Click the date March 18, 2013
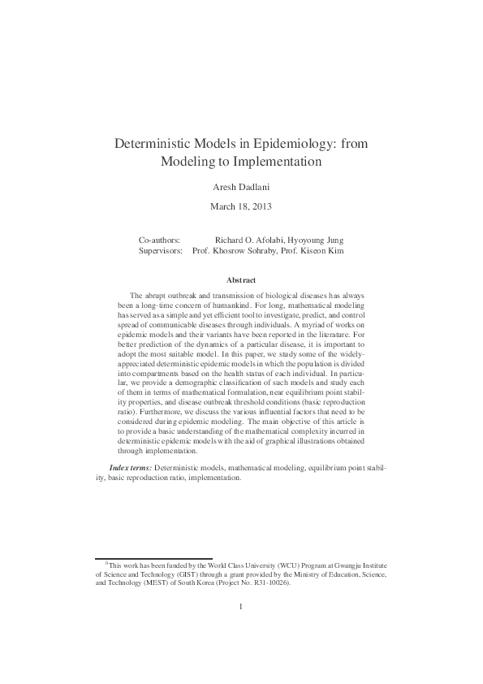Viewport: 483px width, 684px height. [241, 206]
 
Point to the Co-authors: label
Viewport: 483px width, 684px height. [160, 240]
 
